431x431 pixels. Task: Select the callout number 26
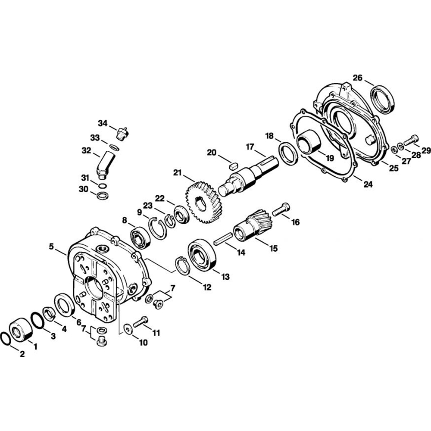click(x=358, y=78)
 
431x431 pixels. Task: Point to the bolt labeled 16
click(x=281, y=209)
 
